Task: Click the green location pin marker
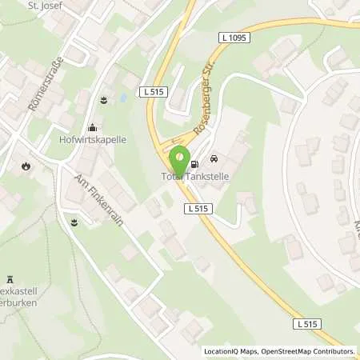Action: pos(181,158)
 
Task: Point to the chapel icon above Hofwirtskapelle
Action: pos(93,126)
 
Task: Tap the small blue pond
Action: pos(122,99)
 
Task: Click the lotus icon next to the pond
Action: pos(103,100)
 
